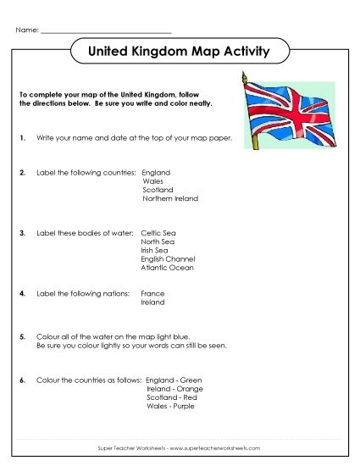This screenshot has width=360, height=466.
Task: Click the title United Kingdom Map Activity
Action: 179,53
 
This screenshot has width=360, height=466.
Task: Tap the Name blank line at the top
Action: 106,31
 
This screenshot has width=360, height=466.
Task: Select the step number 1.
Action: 21,136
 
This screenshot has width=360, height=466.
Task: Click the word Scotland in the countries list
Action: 158,190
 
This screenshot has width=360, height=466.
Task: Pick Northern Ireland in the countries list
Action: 170,198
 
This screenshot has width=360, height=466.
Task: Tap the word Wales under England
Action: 153,181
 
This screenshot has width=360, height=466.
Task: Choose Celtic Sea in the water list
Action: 157,232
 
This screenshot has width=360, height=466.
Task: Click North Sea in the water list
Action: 156,241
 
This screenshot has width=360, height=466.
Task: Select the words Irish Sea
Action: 154,250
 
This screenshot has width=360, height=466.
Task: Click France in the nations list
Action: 152,293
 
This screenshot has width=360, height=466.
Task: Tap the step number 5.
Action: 21,337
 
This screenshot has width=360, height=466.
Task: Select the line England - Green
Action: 174,380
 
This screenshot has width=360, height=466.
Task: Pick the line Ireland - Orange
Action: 174,389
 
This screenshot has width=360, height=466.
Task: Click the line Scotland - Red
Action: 172,397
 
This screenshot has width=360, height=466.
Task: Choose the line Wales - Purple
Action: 171,406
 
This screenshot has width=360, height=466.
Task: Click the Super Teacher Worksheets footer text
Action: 180,447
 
